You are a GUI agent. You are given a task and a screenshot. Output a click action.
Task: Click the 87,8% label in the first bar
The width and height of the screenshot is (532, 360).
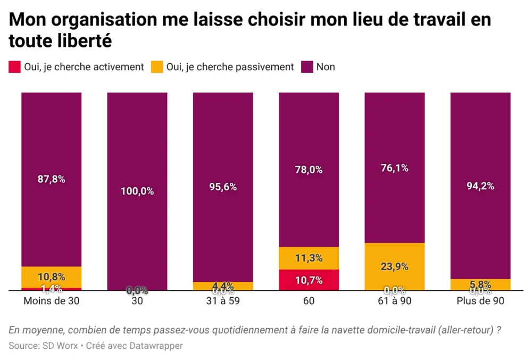(x=52, y=179)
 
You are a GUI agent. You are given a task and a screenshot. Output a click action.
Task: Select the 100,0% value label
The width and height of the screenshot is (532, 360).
(x=137, y=191)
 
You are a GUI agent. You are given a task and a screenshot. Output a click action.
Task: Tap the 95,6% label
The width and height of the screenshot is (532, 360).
(x=223, y=187)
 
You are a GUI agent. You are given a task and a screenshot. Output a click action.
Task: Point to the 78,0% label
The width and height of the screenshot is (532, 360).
(x=309, y=170)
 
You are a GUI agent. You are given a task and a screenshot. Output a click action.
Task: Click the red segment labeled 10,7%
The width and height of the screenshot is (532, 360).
(x=309, y=280)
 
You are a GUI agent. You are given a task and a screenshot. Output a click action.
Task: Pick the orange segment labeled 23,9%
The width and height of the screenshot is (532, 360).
(x=395, y=267)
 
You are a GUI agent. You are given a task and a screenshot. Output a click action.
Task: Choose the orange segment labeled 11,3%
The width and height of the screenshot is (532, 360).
(x=309, y=258)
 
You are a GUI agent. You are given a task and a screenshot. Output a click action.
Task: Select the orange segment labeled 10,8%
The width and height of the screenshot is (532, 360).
(x=52, y=277)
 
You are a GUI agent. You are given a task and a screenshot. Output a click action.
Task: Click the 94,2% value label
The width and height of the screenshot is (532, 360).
(x=480, y=186)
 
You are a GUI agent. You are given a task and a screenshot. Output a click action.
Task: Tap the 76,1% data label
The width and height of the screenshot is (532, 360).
(x=395, y=168)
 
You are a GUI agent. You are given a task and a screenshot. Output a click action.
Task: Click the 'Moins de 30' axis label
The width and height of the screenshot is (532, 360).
(x=52, y=300)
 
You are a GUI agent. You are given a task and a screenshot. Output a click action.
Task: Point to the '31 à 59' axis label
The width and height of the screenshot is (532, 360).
(x=223, y=300)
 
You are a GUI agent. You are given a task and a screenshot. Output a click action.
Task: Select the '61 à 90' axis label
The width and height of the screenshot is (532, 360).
(x=395, y=300)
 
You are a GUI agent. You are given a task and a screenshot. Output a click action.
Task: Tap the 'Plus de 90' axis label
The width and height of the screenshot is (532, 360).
(x=480, y=300)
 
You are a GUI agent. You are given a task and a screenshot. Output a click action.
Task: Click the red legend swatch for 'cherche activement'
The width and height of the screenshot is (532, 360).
(x=14, y=67)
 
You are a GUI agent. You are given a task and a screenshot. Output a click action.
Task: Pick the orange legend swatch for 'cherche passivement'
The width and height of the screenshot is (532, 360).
(x=157, y=67)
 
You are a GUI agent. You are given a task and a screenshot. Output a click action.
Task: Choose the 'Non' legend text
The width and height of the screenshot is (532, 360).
(x=326, y=67)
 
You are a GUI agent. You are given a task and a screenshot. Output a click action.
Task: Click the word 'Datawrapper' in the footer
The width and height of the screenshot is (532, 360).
(x=157, y=346)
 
